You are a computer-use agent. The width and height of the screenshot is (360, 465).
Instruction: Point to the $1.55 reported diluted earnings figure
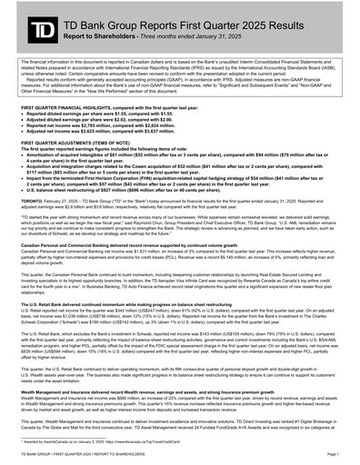click(125, 112)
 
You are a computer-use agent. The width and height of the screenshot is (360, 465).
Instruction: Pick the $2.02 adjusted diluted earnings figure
click(124, 117)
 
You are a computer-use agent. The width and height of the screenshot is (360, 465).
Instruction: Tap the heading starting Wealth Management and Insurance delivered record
click(136, 369)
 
